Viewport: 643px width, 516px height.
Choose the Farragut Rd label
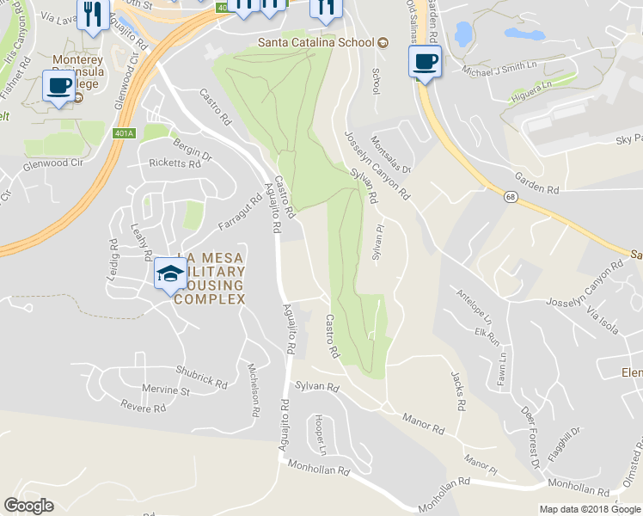pos(246,211)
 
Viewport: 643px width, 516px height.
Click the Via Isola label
pos(603,323)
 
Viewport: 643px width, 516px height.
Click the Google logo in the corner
pos(30,507)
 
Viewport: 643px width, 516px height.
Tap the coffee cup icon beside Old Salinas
pos(424,62)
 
